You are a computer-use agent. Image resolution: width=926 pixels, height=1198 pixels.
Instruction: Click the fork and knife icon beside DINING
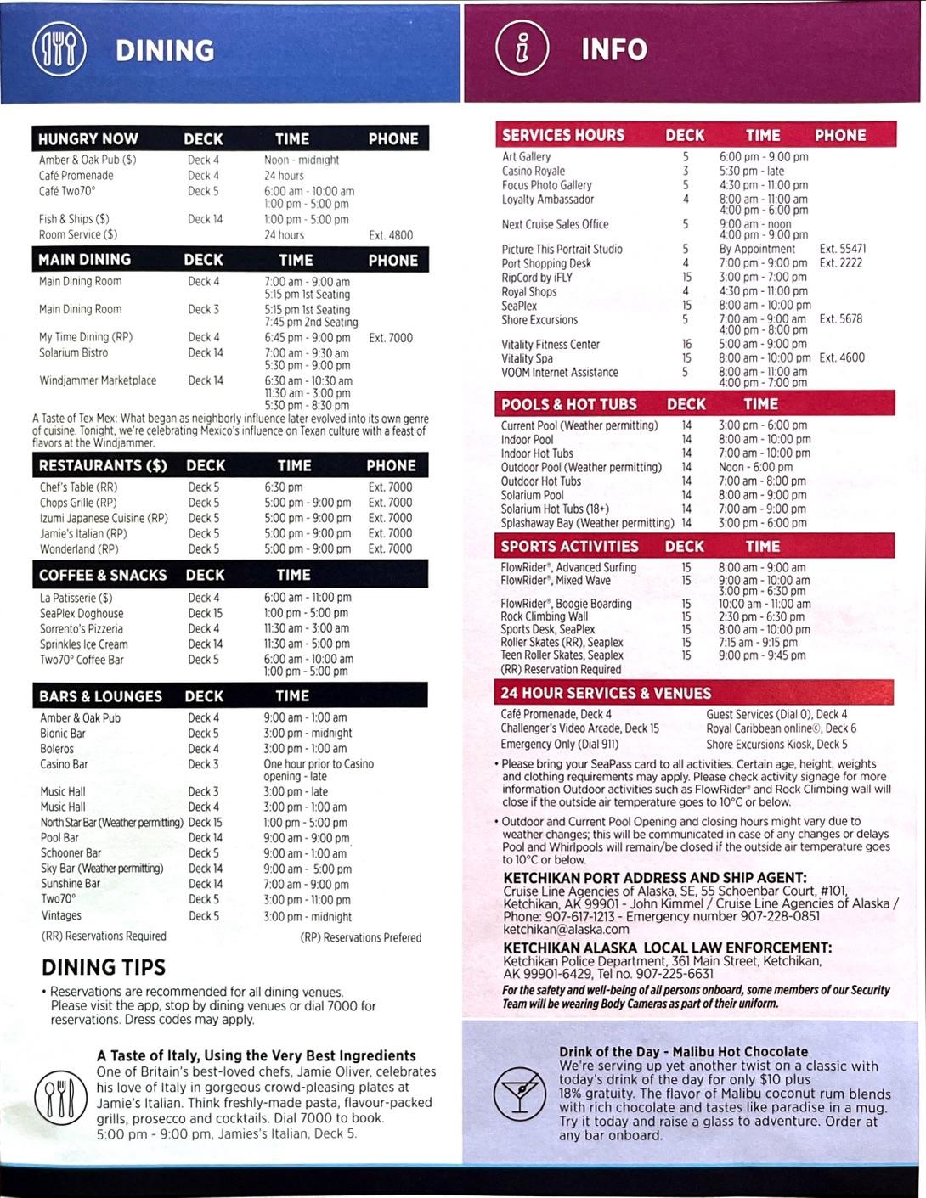(x=59, y=50)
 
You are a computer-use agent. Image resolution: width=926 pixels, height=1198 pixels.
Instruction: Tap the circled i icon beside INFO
(x=522, y=48)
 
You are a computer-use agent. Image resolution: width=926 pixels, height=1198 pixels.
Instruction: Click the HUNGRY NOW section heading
(x=88, y=138)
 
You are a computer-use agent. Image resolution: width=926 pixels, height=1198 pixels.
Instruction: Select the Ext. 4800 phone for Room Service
(x=390, y=235)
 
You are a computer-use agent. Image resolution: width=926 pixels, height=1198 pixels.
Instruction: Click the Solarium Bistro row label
(x=73, y=352)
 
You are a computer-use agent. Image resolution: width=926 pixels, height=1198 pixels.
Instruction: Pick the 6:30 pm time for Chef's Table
(x=283, y=487)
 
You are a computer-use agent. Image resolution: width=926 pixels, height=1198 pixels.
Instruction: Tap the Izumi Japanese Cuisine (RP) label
(x=104, y=518)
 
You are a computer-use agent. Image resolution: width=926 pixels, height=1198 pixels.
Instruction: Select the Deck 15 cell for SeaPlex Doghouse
(x=205, y=613)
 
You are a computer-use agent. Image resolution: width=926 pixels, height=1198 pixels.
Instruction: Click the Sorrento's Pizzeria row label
(x=82, y=629)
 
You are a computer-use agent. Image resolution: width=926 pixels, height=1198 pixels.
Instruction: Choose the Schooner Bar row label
(x=71, y=853)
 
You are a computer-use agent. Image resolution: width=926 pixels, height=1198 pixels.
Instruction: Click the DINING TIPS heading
(x=104, y=967)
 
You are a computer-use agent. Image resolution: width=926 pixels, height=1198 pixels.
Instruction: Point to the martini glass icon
(x=520, y=1093)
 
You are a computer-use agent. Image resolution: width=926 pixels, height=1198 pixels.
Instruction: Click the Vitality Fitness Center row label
(x=551, y=345)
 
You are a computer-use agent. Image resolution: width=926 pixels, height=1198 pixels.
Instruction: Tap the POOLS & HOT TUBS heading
(x=568, y=404)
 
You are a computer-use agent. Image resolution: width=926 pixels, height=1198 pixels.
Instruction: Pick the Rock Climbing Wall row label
(x=544, y=616)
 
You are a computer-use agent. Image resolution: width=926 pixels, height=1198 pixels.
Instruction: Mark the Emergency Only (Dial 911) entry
(x=559, y=745)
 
